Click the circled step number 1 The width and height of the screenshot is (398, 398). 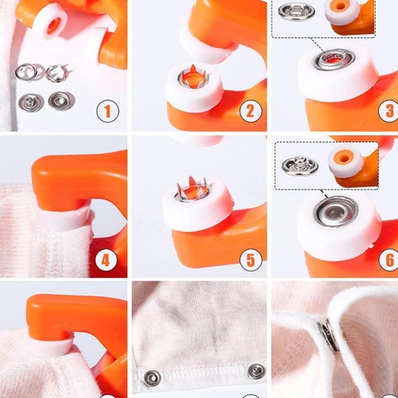107,111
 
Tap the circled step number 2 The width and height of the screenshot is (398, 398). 251,111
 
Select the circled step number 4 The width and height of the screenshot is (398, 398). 105,260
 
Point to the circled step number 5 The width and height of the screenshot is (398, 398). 251,260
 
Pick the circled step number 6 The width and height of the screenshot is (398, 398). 390,260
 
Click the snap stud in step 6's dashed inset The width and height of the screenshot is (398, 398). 300,166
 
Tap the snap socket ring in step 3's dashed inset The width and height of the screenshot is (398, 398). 296,11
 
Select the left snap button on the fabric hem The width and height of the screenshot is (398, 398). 152,378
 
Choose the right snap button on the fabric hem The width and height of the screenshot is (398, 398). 257,371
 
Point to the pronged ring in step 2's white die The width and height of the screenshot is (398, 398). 194,78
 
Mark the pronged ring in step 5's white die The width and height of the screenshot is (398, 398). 192,191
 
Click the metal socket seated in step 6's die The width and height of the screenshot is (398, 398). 336,211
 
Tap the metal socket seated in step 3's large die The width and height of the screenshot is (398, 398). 333,60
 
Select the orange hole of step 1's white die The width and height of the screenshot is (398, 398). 54,26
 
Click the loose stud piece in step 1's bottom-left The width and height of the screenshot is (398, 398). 30,102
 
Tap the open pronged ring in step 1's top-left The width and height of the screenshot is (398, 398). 26,72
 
